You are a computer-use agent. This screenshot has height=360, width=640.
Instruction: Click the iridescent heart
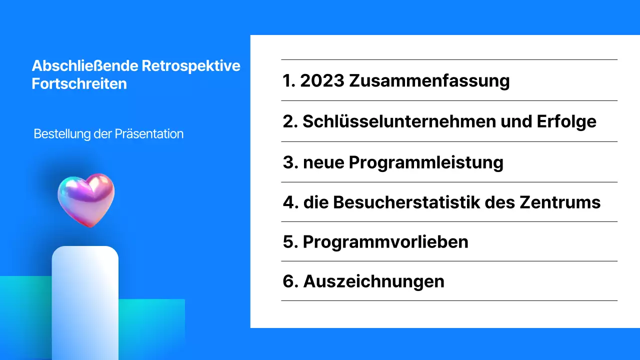[86, 199]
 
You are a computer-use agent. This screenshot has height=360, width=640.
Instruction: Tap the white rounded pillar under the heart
[85, 300]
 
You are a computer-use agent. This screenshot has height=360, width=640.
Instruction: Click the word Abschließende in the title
[84, 66]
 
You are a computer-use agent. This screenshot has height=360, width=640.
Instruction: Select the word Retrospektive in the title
[191, 66]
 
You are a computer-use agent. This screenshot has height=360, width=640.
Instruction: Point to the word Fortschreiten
[79, 83]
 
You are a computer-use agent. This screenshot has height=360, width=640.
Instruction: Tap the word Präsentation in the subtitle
[149, 134]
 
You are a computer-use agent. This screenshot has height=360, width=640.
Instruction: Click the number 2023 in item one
[322, 80]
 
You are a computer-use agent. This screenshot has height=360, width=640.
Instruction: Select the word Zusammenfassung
[429, 80]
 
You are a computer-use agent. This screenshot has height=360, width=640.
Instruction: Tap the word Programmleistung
[426, 162]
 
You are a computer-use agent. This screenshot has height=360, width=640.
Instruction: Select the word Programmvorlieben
[385, 242]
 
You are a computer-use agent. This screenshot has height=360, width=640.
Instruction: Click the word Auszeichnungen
[373, 281]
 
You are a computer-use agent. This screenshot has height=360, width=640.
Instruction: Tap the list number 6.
[289, 281]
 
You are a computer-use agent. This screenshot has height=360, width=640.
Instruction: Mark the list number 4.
[289, 202]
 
